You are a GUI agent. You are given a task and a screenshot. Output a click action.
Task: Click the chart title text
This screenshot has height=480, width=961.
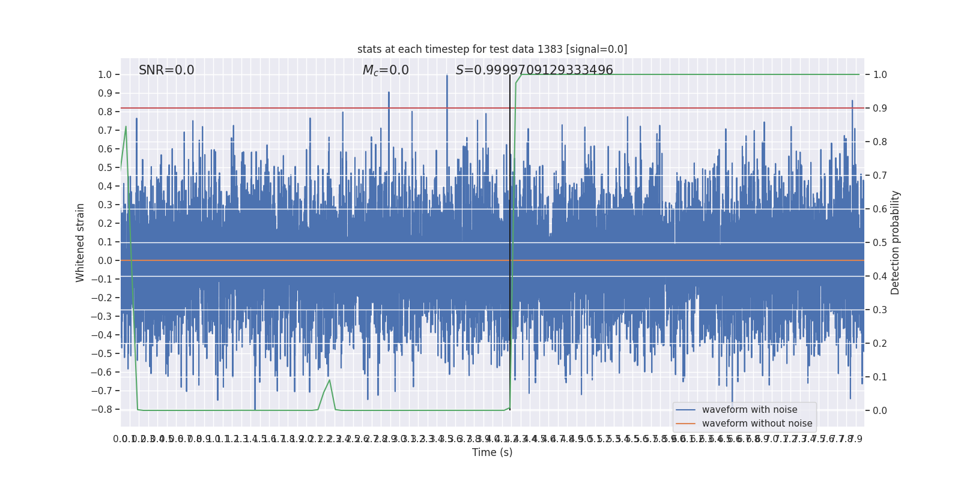coord(492,49)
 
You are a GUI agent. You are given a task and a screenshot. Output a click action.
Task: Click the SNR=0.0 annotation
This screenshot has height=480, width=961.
coord(166,70)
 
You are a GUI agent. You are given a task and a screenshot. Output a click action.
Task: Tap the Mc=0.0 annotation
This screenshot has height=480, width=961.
coord(386,70)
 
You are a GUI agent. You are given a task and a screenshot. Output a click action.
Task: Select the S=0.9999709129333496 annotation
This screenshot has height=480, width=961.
coord(534,70)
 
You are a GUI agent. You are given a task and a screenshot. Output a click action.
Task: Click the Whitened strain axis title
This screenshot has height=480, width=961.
coord(80,242)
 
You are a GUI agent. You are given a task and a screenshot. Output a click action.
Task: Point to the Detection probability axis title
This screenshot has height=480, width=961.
coord(896,242)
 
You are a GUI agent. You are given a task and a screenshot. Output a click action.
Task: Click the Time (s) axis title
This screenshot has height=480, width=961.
coord(492,452)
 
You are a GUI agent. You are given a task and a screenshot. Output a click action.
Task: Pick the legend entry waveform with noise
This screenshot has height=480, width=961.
coord(749,410)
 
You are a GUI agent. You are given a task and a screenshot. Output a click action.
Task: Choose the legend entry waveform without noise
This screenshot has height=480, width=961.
coord(757,424)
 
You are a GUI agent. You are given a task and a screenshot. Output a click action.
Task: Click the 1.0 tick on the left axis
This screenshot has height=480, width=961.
coord(105,75)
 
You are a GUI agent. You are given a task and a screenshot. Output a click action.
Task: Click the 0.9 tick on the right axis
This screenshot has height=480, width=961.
coord(880,109)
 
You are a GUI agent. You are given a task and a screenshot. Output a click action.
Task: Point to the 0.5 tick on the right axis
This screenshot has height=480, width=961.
coord(880,243)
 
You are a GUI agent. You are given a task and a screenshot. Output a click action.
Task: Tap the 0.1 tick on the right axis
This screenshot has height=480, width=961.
coord(880,377)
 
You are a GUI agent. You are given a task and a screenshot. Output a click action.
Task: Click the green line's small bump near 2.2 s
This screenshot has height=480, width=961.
coord(329,380)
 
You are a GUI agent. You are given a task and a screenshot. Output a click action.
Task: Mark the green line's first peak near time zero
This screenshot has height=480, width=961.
coord(126,127)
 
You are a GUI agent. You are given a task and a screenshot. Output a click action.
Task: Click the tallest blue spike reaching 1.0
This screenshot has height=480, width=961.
coord(447,76)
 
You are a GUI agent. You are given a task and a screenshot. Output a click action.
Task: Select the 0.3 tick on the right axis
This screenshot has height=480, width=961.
coord(880,310)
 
